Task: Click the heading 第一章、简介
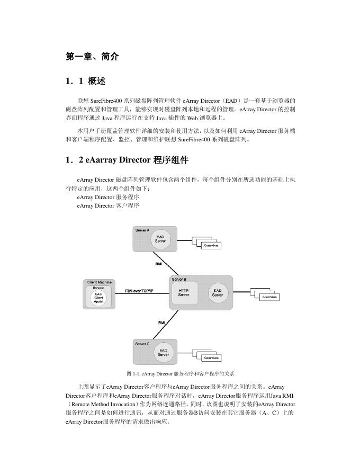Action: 92,57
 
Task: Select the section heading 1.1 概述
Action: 86,81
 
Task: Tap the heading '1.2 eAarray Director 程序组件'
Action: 127,159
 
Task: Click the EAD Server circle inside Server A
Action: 160,239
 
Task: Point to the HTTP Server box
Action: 184,292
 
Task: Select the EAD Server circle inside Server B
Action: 218,292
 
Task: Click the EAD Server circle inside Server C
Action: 163,352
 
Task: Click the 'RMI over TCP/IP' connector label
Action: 139,291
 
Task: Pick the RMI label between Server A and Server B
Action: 159,264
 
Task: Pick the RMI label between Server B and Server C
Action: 161,322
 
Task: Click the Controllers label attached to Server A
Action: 211,246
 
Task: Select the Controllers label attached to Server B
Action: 269,297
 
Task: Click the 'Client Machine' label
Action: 100,282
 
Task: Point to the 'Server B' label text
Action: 178,279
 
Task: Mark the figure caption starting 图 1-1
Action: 180,374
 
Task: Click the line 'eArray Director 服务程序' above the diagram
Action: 108,197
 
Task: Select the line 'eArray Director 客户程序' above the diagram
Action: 108,205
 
